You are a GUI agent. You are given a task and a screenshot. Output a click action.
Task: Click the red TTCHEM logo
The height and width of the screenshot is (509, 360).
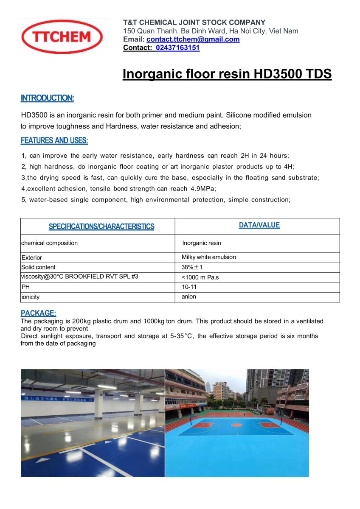coord(62,37)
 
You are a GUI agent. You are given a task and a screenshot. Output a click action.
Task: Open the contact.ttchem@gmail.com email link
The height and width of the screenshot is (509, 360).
coord(193,39)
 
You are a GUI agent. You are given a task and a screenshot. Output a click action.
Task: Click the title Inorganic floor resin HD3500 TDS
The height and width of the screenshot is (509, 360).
coord(227,74)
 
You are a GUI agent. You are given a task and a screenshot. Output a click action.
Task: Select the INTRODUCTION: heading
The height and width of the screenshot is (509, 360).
coord(47,98)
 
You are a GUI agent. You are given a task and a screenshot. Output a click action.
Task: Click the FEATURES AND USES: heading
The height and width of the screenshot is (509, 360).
coord(54,140)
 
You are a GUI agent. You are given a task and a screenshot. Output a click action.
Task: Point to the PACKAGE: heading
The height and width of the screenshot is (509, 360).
coord(38,313)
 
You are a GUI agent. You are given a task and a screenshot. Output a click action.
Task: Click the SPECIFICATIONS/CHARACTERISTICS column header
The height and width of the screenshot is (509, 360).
coord(101,227)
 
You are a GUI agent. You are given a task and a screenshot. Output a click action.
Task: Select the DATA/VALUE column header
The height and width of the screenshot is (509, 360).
coord(259,225)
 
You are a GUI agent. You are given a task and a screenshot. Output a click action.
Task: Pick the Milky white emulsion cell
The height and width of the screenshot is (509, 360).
coord(208,257)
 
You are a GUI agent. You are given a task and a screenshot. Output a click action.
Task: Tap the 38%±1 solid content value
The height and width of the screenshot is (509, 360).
coord(192,267)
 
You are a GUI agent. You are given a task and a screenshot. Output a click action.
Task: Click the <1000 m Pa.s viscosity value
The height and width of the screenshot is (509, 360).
coord(200,277)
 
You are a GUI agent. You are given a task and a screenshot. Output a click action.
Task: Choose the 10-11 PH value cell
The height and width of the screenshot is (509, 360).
coord(189,287)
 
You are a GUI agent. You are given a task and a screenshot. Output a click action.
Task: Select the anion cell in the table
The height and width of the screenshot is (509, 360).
coord(189,296)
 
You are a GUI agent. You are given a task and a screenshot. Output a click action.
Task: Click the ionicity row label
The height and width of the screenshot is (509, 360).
coord(30,297)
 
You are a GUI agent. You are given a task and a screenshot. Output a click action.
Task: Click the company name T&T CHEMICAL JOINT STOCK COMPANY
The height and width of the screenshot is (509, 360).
coord(194,22)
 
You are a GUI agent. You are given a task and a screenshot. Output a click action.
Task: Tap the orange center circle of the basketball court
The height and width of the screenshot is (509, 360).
coord(236,425)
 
